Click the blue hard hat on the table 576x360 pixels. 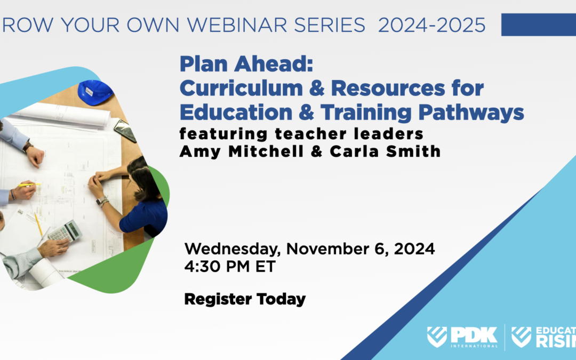[x=95, y=92]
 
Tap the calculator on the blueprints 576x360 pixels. [x=64, y=231]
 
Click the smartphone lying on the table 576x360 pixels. [x=124, y=130]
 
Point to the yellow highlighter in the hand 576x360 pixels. [x=30, y=185]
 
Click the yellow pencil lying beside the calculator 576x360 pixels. [x=38, y=224]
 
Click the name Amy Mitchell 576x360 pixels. [x=233, y=151]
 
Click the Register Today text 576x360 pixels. [x=245, y=299]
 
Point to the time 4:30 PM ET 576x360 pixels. [x=230, y=266]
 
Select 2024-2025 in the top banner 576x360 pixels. [x=432, y=25]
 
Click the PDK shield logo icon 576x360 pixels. [x=437, y=337]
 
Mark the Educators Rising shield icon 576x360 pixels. [x=521, y=337]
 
